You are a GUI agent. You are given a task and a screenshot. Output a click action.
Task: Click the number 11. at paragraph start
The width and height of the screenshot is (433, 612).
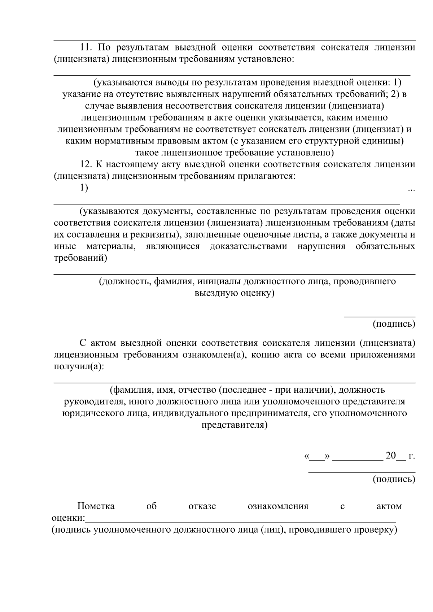tap(86, 48)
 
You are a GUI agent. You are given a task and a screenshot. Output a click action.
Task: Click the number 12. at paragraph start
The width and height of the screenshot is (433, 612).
tap(86, 164)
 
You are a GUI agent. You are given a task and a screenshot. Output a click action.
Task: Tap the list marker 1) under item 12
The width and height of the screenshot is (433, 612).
tap(84, 188)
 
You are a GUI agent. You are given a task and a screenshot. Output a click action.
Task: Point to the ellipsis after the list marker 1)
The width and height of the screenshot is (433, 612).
tap(411, 189)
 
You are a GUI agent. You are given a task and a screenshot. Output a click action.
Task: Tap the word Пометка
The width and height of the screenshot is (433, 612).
tap(96, 506)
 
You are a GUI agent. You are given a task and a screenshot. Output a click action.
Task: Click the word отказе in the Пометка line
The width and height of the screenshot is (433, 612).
tap(202, 506)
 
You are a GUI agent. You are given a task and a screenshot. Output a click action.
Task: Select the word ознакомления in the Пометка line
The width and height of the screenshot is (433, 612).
tap(278, 506)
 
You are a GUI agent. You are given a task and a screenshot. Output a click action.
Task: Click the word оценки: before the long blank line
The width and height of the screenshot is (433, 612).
tap(69, 518)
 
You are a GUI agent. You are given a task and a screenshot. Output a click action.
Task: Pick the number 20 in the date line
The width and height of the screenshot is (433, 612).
tap(391, 455)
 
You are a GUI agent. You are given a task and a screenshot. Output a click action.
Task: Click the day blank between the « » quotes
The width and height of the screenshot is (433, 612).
tap(317, 457)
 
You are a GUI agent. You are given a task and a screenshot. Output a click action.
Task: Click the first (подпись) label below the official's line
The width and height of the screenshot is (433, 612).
tap(394, 324)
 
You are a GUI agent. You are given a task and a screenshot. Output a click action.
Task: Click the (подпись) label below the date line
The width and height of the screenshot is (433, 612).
tap(394, 479)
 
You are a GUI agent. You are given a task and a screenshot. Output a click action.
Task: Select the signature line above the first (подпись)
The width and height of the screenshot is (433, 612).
tap(379, 317)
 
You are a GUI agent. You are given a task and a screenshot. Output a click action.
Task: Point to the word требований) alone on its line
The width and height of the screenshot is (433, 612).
tap(80, 258)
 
